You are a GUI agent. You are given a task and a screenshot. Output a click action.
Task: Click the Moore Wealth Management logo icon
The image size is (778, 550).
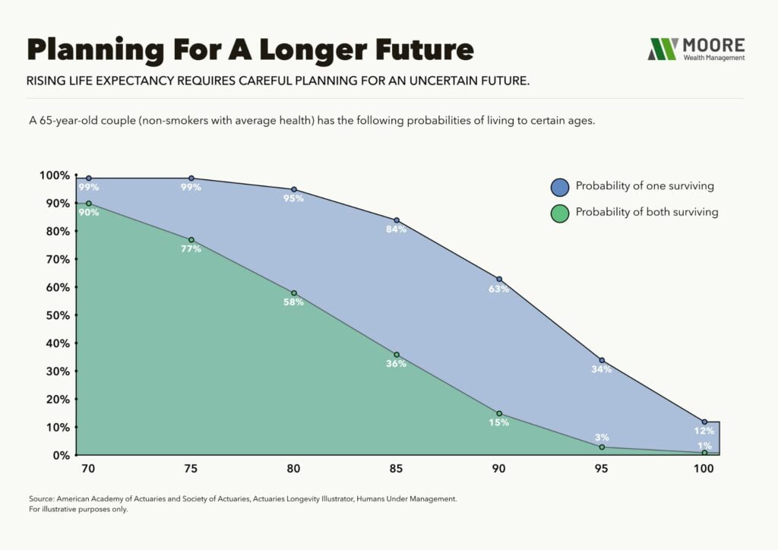pyautogui.click(x=662, y=49)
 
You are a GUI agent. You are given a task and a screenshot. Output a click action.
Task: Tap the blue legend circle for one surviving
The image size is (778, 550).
pyautogui.click(x=560, y=186)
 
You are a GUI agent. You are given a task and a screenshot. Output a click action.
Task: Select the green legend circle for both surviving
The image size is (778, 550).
pyautogui.click(x=560, y=213)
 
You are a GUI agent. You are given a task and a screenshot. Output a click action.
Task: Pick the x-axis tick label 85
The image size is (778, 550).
pyautogui.click(x=396, y=469)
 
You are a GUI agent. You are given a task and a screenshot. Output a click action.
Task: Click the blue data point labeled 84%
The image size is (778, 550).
pyautogui.click(x=397, y=220)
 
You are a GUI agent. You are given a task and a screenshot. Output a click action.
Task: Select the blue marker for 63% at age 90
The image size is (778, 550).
pyautogui.click(x=499, y=279)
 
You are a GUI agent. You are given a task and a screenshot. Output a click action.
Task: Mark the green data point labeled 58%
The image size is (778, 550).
pyautogui.click(x=294, y=293)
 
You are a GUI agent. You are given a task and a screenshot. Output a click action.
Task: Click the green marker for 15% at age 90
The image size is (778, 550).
pyautogui.click(x=499, y=413)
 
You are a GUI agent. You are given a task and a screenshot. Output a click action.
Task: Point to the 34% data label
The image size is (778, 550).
pyautogui.click(x=602, y=370)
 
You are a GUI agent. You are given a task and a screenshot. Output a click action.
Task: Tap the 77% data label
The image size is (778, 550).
pyautogui.click(x=191, y=249)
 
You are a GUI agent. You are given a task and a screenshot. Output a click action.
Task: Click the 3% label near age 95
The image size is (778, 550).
pyautogui.click(x=602, y=437)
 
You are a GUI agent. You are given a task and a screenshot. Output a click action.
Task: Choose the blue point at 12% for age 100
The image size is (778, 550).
pyautogui.click(x=704, y=422)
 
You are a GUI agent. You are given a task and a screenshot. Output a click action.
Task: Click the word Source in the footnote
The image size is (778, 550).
pyautogui.click(x=41, y=498)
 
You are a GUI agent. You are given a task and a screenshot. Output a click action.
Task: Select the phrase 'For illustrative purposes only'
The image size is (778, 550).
pyautogui.click(x=78, y=510)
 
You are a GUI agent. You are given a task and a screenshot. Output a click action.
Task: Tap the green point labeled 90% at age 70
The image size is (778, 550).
pyautogui.click(x=89, y=204)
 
